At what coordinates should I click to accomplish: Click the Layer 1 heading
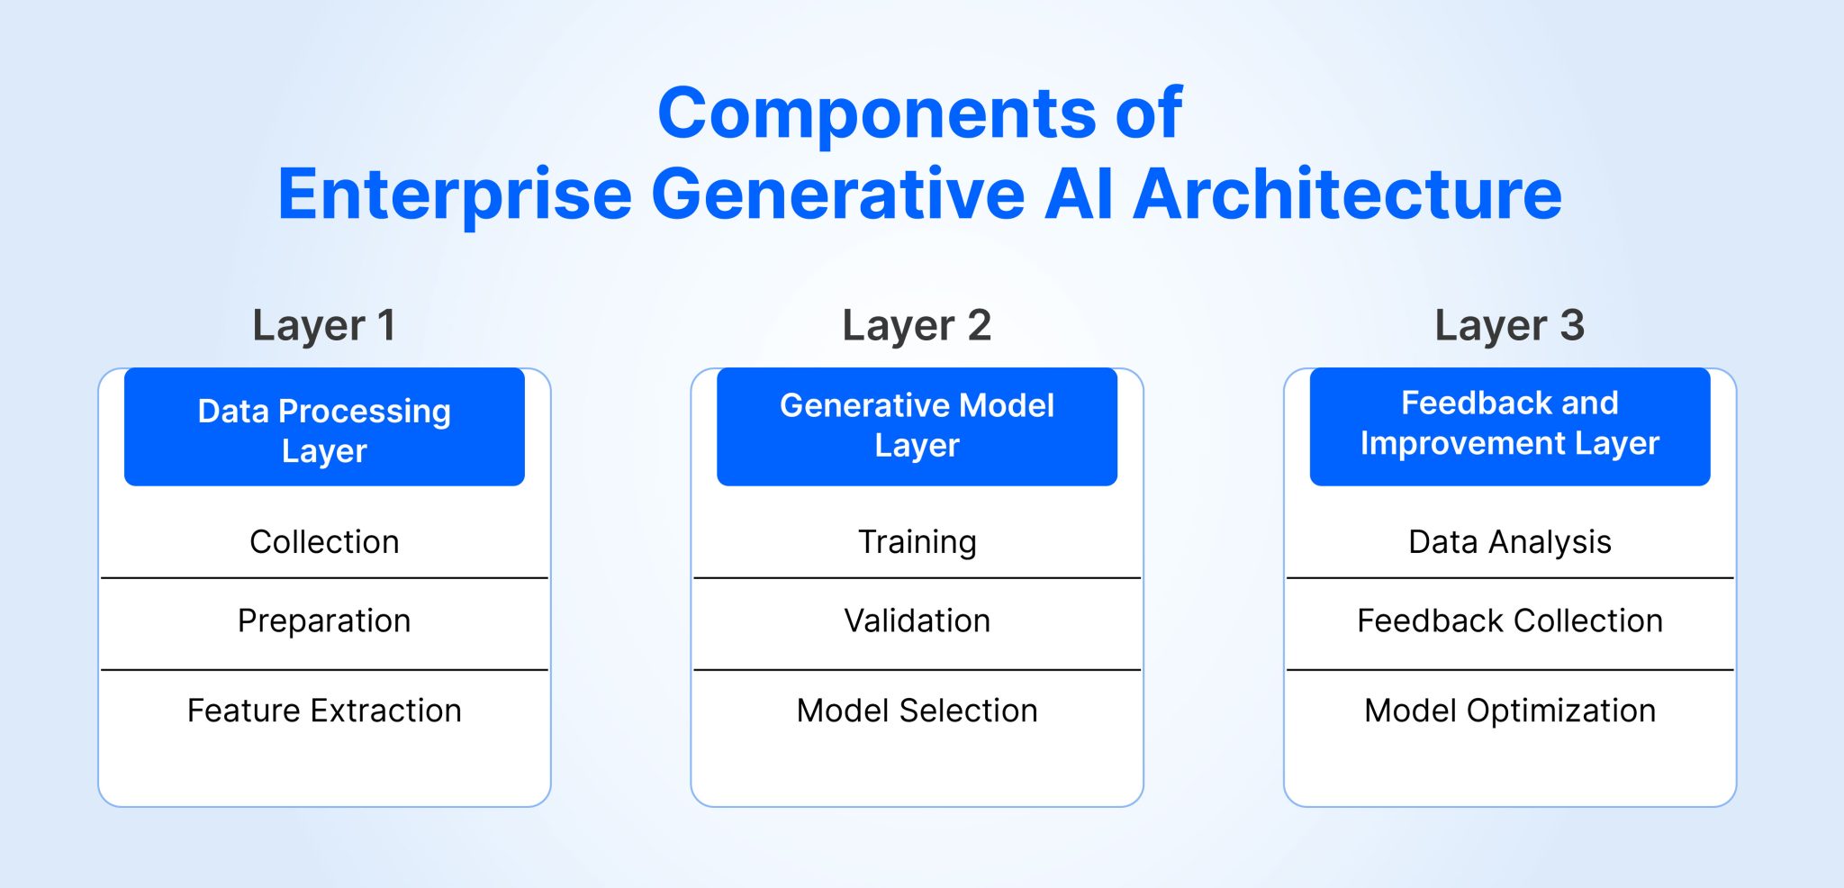pos(324,325)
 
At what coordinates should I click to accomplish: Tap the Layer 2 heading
pos(917,325)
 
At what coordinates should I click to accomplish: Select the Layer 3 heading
pos(1509,325)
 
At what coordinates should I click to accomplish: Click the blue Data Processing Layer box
pos(324,428)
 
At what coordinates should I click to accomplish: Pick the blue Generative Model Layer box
pos(917,426)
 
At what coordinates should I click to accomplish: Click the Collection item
pos(324,541)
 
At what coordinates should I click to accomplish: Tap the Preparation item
pos(324,621)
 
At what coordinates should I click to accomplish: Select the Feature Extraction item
pos(324,711)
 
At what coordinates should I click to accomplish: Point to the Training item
pos(917,541)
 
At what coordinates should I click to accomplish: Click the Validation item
pos(917,621)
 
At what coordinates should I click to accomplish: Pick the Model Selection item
pos(917,711)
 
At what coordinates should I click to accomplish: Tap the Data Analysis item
pos(1509,541)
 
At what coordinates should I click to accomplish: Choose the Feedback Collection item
pos(1509,621)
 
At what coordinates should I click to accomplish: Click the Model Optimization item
pos(1509,711)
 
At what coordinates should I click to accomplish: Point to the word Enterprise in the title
pos(455,195)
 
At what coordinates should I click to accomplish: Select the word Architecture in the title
pos(1347,195)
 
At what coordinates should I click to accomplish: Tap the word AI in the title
pos(1078,195)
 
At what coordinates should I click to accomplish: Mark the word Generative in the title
pos(837,195)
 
